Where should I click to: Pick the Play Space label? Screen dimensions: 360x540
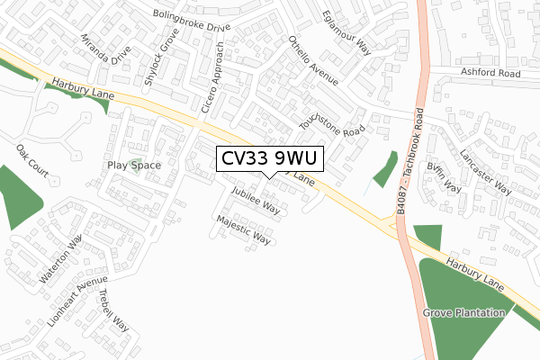click(134, 166)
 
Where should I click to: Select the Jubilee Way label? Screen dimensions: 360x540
click(256, 201)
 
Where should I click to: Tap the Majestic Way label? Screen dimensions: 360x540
click(243, 229)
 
